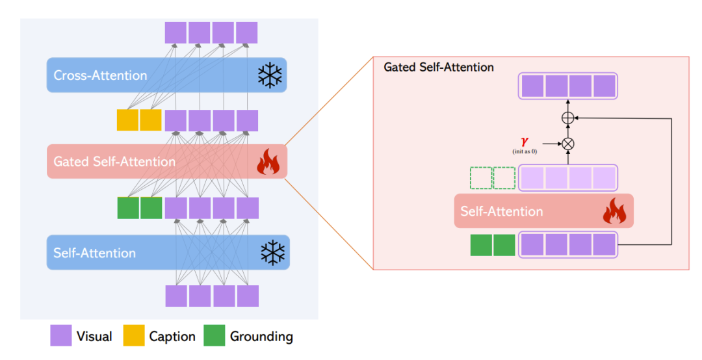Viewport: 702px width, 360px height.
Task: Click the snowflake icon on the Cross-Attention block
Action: point(270,76)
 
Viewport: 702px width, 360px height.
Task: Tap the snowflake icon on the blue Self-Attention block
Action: point(272,253)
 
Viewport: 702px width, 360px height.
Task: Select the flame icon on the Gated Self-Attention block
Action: point(268,162)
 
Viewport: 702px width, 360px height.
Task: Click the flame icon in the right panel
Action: point(614,212)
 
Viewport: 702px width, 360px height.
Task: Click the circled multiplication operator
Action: point(568,144)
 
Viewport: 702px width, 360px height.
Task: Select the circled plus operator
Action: point(568,118)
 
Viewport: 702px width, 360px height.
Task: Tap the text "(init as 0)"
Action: point(524,151)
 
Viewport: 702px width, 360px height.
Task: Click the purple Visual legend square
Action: point(61,336)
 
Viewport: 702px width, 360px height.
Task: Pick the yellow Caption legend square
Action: point(133,336)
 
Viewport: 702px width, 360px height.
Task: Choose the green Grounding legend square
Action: point(214,336)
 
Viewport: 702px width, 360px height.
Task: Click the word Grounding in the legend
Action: point(261,337)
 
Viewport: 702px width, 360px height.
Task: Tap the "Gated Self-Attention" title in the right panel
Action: point(439,67)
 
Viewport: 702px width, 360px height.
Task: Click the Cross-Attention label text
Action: point(100,75)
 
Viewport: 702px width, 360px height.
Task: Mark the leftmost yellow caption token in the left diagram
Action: point(127,120)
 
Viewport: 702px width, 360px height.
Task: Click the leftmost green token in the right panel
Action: point(481,245)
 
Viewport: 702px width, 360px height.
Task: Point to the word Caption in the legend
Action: point(172,337)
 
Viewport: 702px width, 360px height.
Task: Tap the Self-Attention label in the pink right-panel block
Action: point(501,211)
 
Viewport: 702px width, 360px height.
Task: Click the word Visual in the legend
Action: point(94,337)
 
